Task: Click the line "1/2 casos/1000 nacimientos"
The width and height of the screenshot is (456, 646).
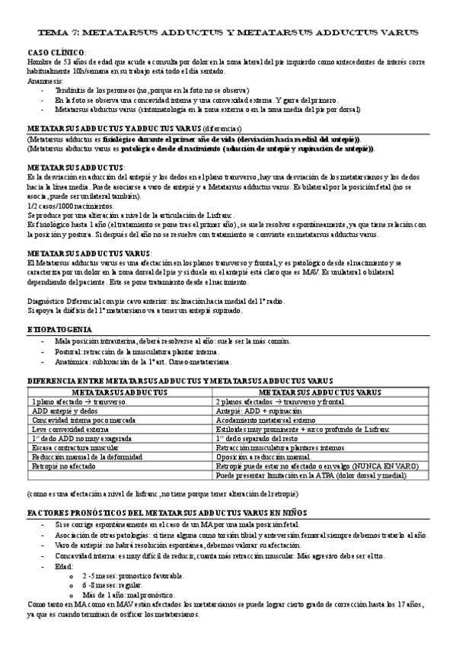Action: [67, 208]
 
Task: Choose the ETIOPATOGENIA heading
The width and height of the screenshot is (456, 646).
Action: [62, 328]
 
